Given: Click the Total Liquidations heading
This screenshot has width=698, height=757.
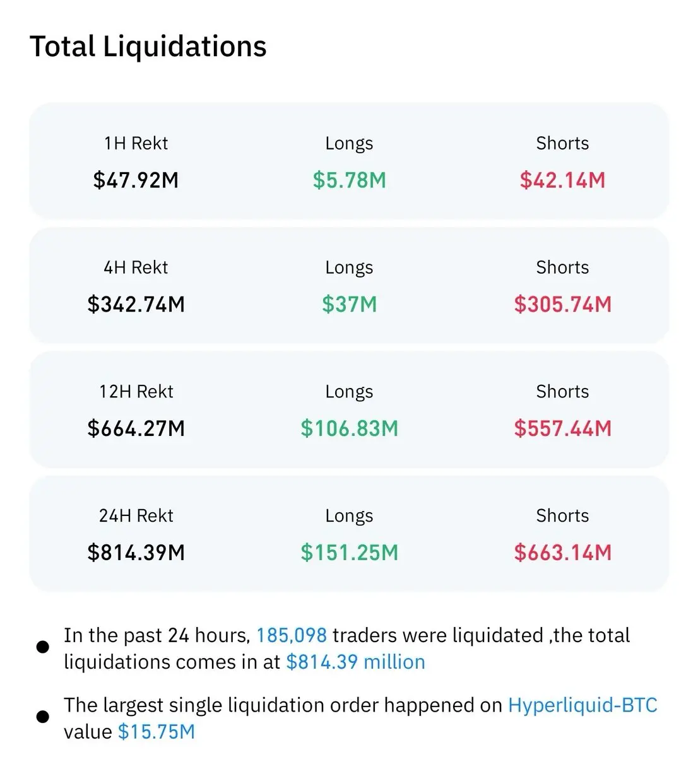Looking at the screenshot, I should tap(148, 47).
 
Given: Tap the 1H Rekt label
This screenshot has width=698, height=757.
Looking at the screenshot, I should tap(136, 143).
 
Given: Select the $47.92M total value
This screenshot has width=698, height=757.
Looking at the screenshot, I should tap(136, 180).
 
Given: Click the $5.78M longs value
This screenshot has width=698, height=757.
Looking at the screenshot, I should tap(349, 180).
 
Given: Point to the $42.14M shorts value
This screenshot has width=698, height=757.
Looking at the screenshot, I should tap(562, 180).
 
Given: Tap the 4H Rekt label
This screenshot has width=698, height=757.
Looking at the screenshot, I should tap(136, 267).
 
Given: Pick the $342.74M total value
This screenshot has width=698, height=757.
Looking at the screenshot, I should tap(136, 305).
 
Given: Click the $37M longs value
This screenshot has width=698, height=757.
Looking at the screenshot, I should tap(349, 305).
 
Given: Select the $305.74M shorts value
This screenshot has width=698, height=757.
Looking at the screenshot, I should tap(562, 305).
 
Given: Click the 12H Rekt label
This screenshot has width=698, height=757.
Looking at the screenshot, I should tap(136, 392).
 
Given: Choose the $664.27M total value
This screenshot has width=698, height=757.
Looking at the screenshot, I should tap(136, 429).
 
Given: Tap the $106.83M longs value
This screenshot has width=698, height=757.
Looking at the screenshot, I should tap(349, 429).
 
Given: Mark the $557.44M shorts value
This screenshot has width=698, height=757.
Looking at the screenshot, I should tap(562, 429).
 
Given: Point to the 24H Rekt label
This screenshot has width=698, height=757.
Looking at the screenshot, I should tap(136, 516).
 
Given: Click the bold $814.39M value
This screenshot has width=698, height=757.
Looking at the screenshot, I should tap(136, 553).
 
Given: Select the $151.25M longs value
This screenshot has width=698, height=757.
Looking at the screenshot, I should tap(349, 553).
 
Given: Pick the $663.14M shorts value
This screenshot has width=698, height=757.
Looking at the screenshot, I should tap(562, 553).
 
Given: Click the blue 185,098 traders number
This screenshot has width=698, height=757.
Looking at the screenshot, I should tap(292, 635).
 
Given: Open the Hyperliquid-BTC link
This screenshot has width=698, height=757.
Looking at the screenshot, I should tap(583, 705).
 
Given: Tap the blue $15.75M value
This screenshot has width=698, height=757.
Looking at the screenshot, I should tap(157, 732).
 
